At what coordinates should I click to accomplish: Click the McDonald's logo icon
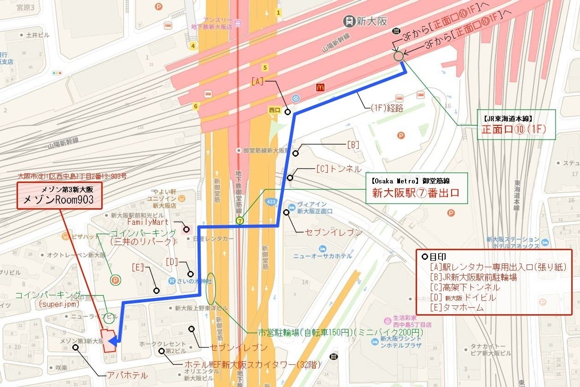[x=321, y=87]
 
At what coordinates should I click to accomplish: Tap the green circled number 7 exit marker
[x=239, y=221]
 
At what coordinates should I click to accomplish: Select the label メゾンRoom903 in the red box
[x=58, y=199]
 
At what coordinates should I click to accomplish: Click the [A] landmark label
[x=257, y=82]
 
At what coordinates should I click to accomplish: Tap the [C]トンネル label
[x=338, y=169]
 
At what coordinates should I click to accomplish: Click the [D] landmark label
[x=171, y=262]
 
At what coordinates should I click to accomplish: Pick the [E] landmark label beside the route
[x=138, y=267]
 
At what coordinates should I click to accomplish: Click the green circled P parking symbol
[x=115, y=279]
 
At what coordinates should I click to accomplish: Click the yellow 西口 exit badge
[x=274, y=111]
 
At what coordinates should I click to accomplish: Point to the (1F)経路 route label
[x=387, y=109]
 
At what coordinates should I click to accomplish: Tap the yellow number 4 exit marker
[x=194, y=46]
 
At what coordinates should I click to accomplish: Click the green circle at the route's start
[x=399, y=56]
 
